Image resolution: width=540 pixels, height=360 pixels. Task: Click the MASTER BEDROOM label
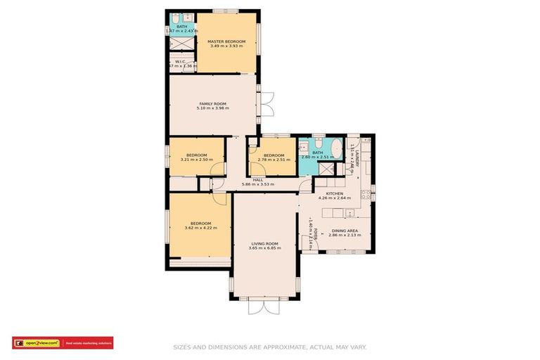(x=226, y=41)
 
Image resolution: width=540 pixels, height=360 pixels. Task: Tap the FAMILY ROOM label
(x=212, y=104)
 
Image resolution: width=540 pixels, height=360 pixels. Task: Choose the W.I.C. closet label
(x=180, y=61)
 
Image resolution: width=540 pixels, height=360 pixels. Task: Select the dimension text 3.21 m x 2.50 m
(x=196, y=160)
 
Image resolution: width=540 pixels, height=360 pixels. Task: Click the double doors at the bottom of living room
(x=264, y=307)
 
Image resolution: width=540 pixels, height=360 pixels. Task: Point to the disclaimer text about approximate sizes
(x=270, y=347)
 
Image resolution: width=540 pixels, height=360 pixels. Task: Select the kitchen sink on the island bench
(x=349, y=213)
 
